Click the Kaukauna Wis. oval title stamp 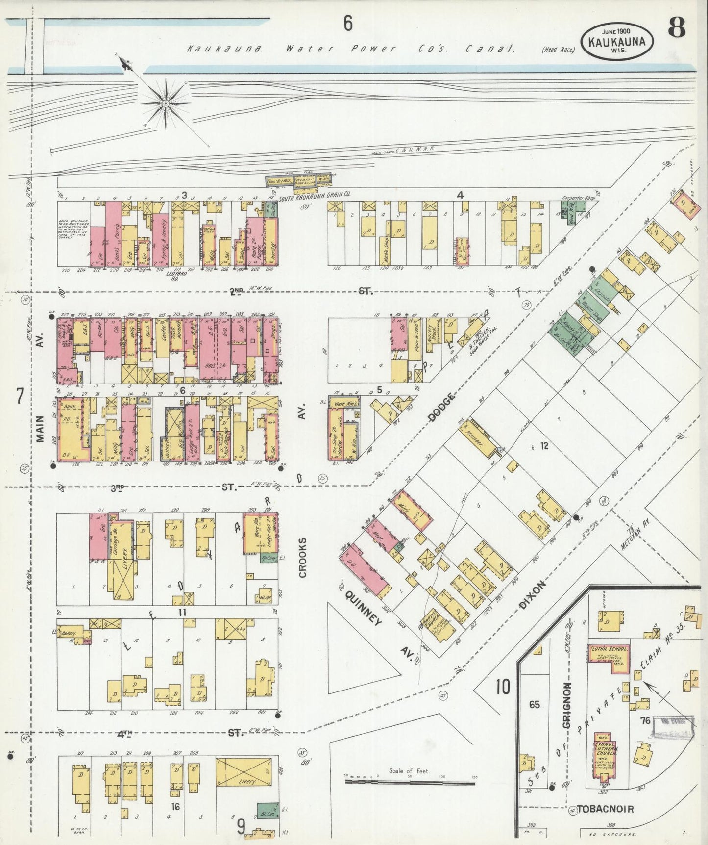[x=617, y=41]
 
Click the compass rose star [x=166, y=103]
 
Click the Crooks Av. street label [x=302, y=557]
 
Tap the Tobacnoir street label [x=605, y=809]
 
